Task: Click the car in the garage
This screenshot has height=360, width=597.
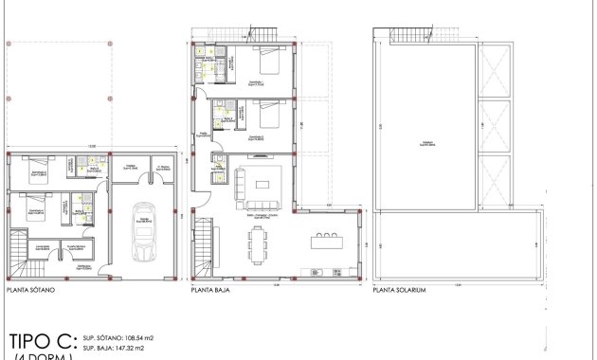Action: point(144,232)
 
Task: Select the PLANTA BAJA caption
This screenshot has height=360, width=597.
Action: point(211,291)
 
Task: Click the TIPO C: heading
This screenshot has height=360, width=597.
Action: point(41,340)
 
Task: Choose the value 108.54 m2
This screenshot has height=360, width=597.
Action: point(134,337)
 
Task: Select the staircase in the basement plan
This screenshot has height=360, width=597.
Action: point(20,253)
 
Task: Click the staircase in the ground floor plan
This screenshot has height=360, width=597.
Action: point(206,248)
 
